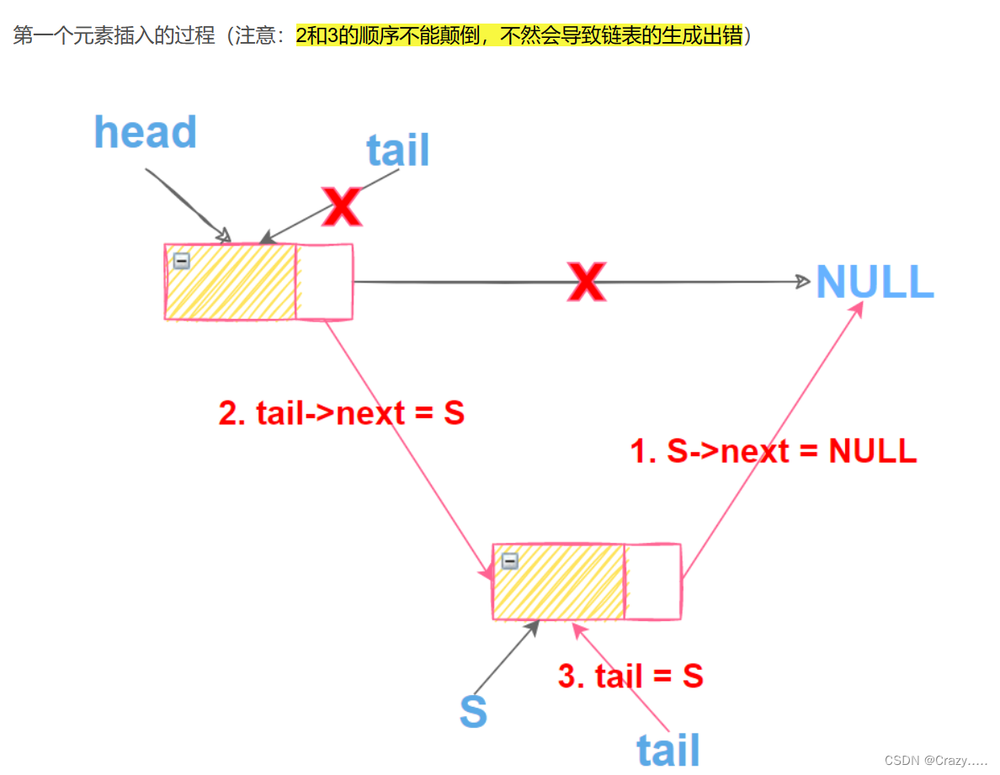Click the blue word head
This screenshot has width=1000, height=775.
tap(145, 133)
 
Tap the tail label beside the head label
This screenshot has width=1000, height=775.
tap(397, 151)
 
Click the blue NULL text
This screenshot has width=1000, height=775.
tap(875, 282)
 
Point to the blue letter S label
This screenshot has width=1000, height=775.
tap(473, 712)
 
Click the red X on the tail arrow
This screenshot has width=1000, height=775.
tap(343, 206)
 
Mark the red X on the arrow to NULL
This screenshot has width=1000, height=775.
tap(586, 282)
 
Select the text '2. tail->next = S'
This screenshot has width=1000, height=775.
tap(341, 413)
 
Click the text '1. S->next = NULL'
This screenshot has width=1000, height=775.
tap(773, 451)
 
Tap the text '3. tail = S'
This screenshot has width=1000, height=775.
tap(630, 677)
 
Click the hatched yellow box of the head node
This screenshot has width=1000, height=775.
tap(231, 282)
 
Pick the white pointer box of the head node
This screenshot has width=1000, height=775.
tap(324, 282)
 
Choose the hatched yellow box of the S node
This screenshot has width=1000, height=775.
tap(559, 581)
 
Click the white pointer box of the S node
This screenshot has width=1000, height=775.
tap(652, 581)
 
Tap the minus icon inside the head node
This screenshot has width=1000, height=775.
tap(181, 261)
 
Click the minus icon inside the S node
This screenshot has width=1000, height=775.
tap(509, 561)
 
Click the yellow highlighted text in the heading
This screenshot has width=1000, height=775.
tap(519, 36)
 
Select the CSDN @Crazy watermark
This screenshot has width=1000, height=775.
tap(935, 760)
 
